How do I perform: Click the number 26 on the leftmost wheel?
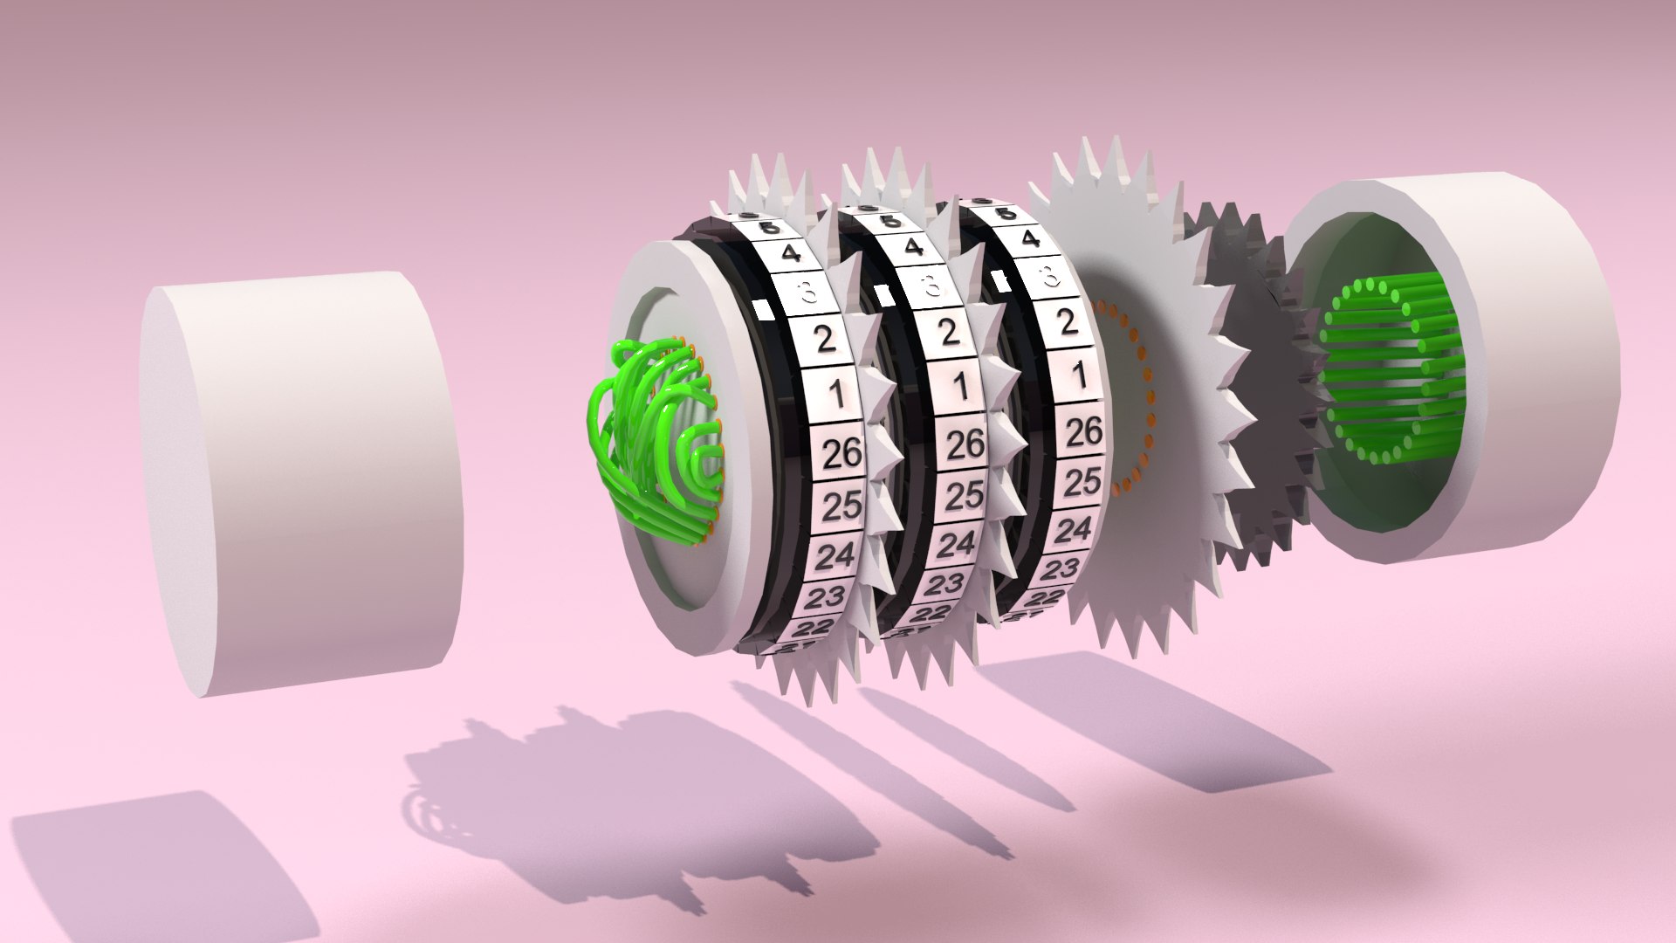click(841, 452)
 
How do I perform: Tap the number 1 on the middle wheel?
click(959, 385)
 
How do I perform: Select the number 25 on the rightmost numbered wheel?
click(1082, 481)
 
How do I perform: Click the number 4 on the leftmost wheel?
click(790, 254)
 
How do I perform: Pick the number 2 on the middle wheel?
click(950, 332)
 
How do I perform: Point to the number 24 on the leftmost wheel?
click(837, 554)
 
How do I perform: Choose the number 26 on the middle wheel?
click(965, 445)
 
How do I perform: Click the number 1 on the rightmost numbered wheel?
click(1078, 377)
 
